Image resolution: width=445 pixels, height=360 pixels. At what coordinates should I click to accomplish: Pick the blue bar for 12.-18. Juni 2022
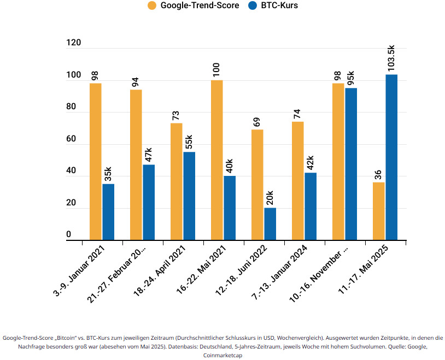[270, 224]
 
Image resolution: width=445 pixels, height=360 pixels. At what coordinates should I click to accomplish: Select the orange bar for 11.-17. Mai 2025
[378, 211]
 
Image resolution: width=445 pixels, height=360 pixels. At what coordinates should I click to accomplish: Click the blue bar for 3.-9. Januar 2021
[108, 212]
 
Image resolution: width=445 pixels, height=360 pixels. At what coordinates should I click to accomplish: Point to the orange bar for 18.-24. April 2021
[176, 181]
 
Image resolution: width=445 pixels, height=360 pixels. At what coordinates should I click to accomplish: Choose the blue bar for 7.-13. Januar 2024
[311, 206]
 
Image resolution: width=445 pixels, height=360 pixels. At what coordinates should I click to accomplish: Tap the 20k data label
[270, 197]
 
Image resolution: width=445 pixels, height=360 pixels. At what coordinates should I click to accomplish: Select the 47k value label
[149, 155]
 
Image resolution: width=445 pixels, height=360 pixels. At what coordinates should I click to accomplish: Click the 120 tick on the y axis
[72, 43]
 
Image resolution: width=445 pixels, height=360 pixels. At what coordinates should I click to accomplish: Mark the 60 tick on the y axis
[72, 139]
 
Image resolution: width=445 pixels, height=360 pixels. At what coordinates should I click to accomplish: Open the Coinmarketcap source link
[222, 355]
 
